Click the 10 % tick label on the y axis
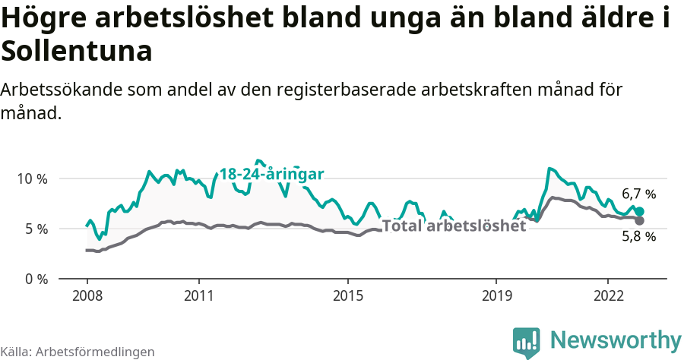(x=32, y=178)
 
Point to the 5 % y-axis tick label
(x=36, y=229)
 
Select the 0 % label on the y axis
(x=36, y=279)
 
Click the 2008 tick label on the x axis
(x=87, y=295)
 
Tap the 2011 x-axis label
(x=198, y=295)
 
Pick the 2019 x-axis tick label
(x=496, y=295)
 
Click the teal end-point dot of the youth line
(x=640, y=211)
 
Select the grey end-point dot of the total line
(x=640, y=220)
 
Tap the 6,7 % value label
(x=638, y=194)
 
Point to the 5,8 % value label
(x=638, y=236)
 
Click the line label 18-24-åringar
(x=272, y=174)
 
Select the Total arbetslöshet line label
(x=454, y=226)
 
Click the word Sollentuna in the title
(x=77, y=51)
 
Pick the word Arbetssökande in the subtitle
(x=63, y=90)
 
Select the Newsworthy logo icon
(x=526, y=343)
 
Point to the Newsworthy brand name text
(x=616, y=339)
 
